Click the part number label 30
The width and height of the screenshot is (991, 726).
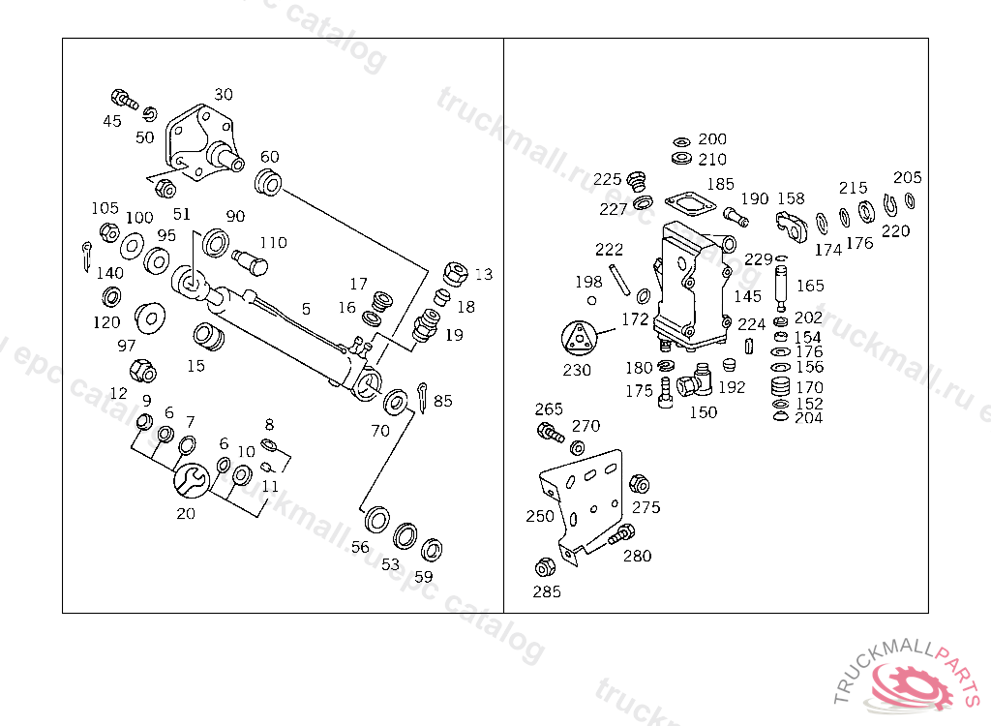[224, 95]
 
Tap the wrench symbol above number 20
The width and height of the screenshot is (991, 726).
[192, 479]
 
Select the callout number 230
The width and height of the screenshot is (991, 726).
[577, 370]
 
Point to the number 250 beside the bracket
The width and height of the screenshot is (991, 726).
[540, 516]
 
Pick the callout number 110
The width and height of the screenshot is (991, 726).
[273, 242]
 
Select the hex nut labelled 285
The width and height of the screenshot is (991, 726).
[544, 567]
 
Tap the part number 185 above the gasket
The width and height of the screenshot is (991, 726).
[720, 183]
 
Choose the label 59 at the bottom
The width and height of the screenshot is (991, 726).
[424, 576]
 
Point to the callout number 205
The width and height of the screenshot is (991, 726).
[908, 177]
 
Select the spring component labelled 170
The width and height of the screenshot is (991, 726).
[779, 388]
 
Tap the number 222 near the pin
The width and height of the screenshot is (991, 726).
[609, 249]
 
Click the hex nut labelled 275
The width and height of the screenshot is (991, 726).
[638, 483]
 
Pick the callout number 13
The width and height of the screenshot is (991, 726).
[483, 274]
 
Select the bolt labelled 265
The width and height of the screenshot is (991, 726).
[549, 432]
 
